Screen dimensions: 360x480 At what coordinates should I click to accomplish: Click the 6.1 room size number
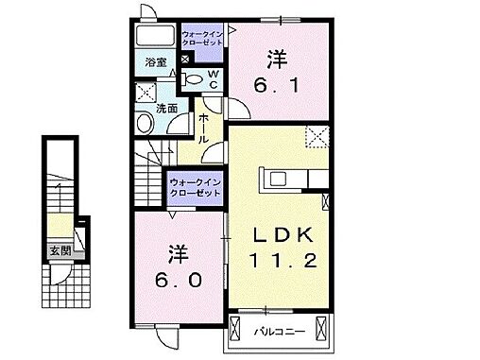pyautogui.click(x=277, y=84)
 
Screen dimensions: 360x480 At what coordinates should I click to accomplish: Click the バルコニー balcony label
pyautogui.click(x=279, y=333)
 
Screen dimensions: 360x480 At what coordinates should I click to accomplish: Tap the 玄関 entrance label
pyautogui.click(x=60, y=252)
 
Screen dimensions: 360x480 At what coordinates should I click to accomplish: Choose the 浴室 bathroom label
pyautogui.click(x=156, y=62)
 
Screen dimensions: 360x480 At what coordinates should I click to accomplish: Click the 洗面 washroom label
pyautogui.click(x=166, y=108)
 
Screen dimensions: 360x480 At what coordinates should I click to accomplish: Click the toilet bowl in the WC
pyautogui.click(x=192, y=78)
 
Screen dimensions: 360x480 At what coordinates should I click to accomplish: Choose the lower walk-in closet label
pyautogui.click(x=196, y=186)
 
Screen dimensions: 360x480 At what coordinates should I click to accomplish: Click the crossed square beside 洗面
pyautogui.click(x=146, y=92)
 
